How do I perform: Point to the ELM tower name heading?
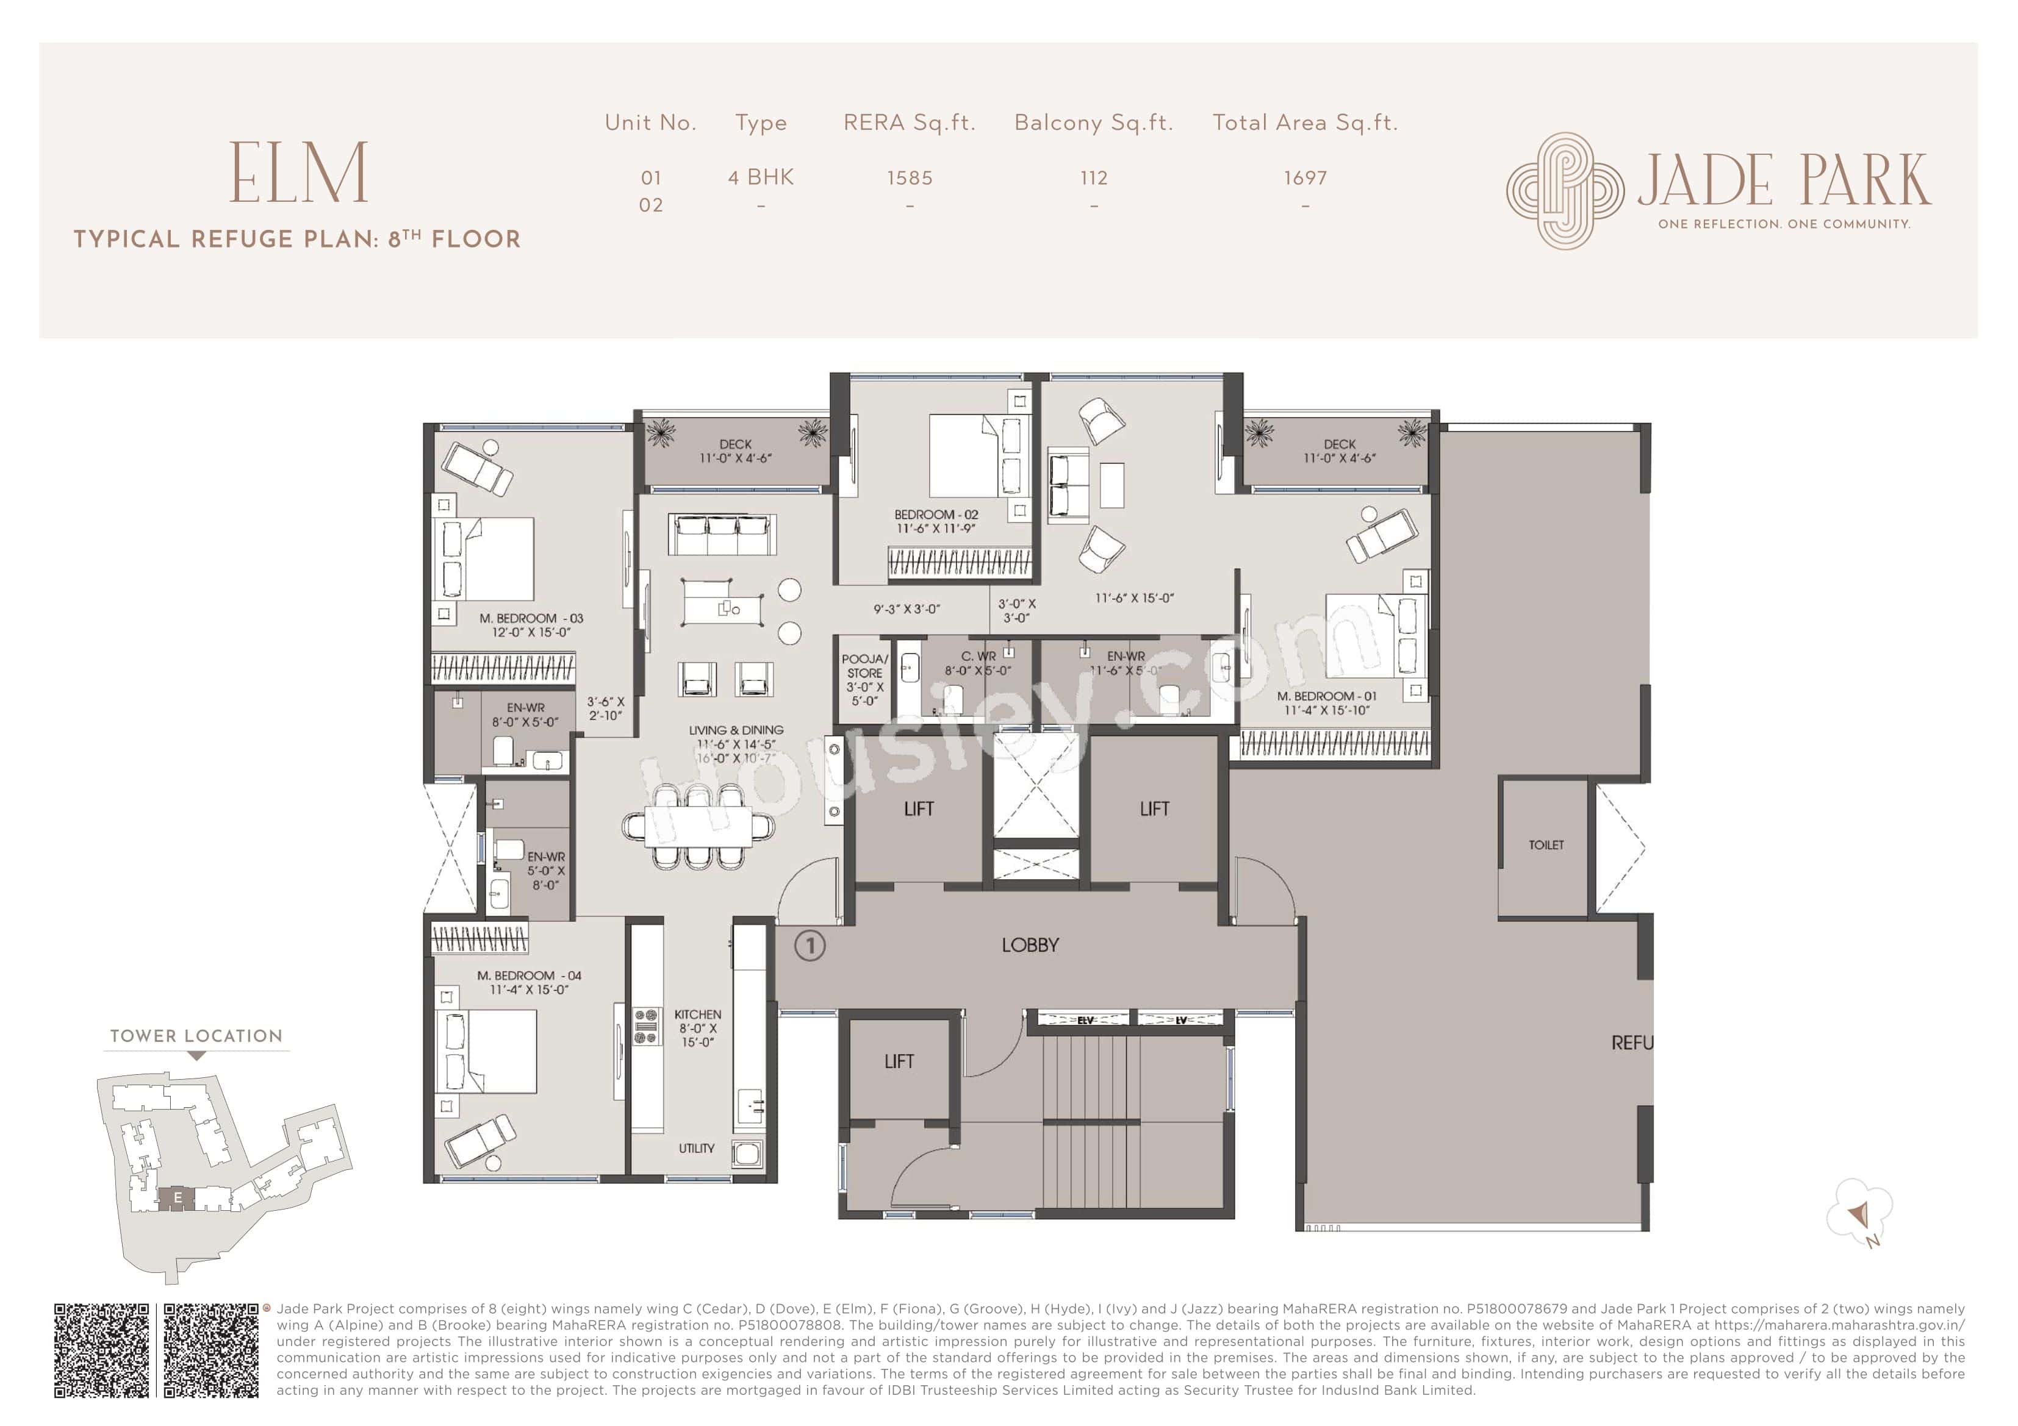299,173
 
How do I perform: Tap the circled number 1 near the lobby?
810,946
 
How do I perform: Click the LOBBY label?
1030,946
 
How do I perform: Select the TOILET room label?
1546,844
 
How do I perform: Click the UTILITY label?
696,1147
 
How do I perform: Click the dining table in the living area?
698,827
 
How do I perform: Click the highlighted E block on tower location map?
178,1197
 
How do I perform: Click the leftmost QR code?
102,1350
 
